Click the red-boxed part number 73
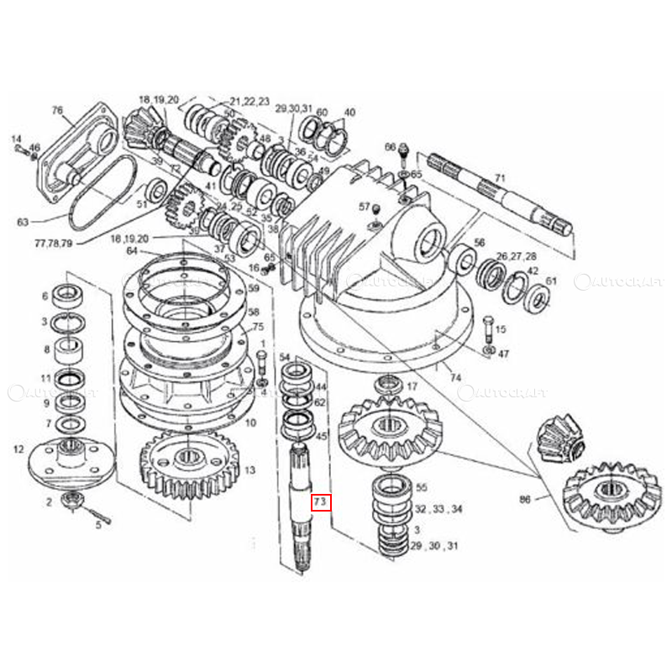point(321,503)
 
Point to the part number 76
point(57,110)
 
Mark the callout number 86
point(525,498)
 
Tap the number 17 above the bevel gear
point(412,387)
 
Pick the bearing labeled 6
point(66,297)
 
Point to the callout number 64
point(131,250)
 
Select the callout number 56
point(479,242)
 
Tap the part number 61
point(551,281)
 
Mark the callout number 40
point(349,112)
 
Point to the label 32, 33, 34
point(438,509)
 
